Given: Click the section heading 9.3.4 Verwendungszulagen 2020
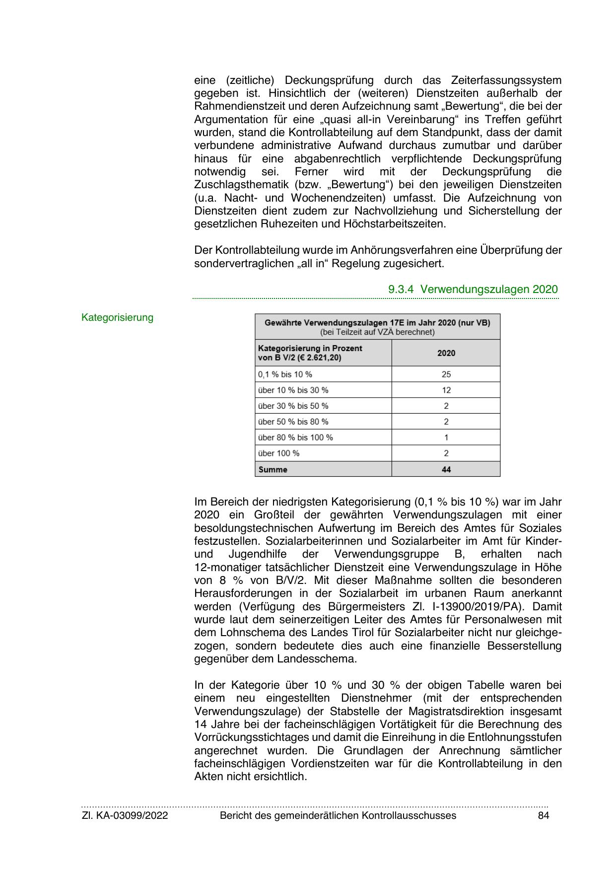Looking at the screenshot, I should [x=473, y=289].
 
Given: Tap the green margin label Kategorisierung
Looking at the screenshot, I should [x=118, y=317].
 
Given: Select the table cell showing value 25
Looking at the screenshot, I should [x=446, y=374].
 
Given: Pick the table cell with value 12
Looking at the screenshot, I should [x=446, y=390].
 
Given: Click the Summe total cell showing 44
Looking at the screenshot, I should [x=446, y=469].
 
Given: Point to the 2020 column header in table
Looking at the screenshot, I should [x=446, y=353].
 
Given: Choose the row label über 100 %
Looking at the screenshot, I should [x=279, y=453].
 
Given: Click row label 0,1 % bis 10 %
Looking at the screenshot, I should [x=285, y=374].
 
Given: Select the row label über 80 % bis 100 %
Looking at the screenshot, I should [x=295, y=437].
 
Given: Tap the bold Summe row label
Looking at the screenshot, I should [x=273, y=469].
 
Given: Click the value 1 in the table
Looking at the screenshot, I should [x=446, y=437].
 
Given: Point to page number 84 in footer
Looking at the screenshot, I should [x=544, y=815].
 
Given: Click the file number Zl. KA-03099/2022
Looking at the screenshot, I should [x=125, y=815].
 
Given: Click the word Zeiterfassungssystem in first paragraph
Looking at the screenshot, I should [x=506, y=80].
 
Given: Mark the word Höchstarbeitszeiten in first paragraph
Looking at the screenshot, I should [x=395, y=223].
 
